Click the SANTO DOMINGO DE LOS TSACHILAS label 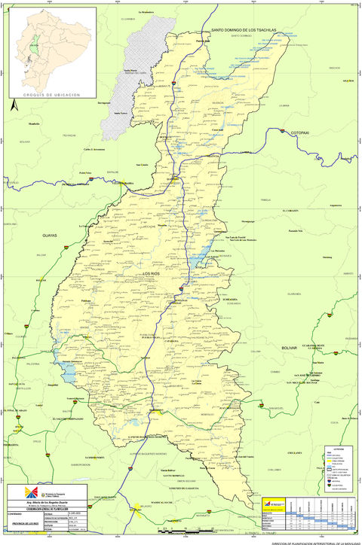(244, 29)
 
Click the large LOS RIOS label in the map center (154, 273)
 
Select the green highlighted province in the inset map (32, 47)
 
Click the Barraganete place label (104, 102)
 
